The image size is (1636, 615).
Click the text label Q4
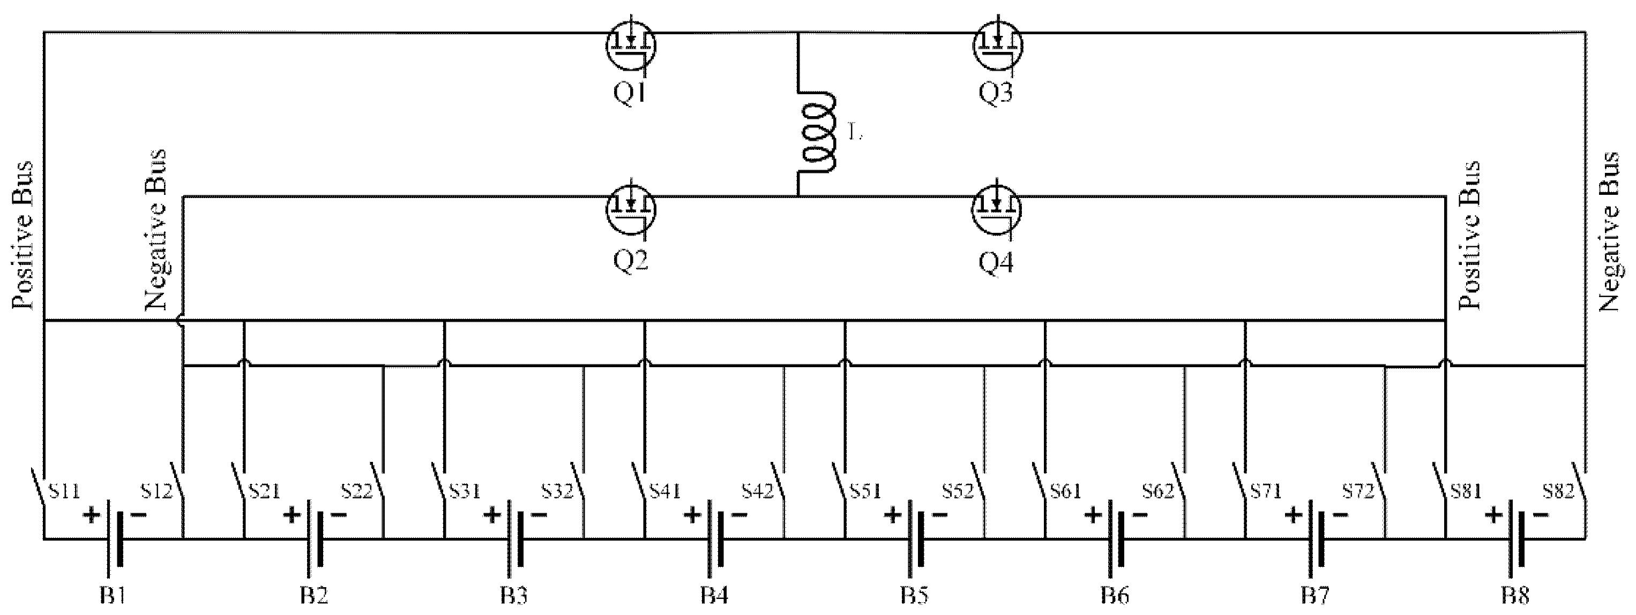[997, 262]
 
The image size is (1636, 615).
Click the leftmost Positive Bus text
[24, 235]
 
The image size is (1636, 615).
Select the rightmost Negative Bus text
[1608, 232]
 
